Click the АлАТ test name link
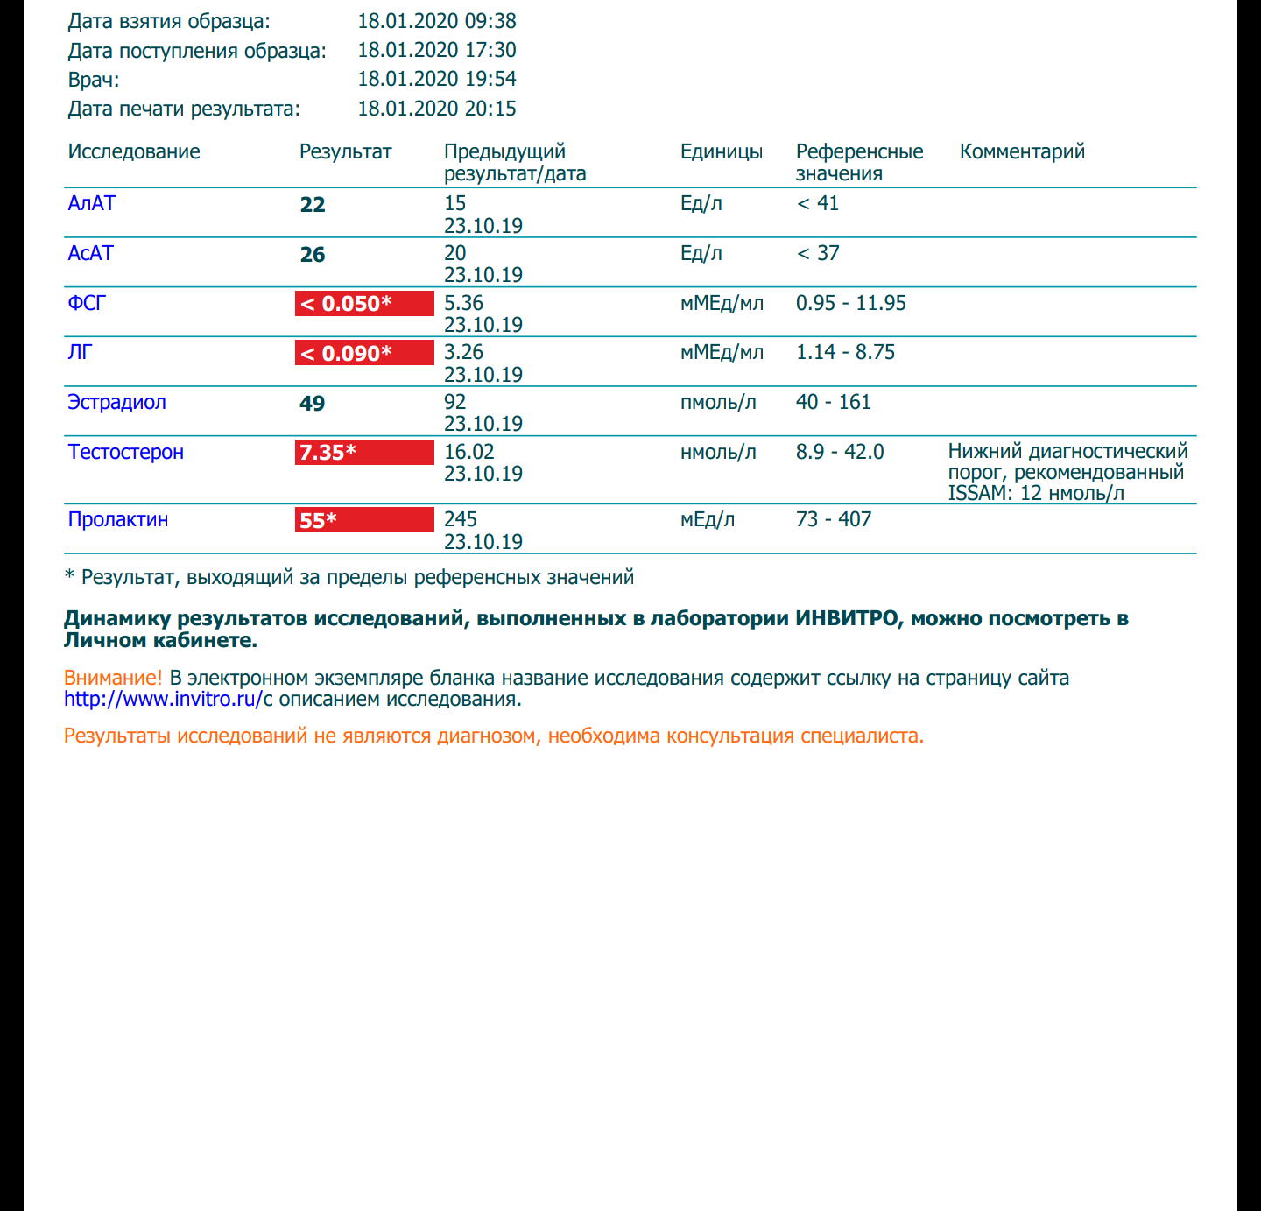point(92,203)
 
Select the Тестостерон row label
point(126,452)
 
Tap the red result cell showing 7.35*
point(364,452)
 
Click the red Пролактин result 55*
point(364,520)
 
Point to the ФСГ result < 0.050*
point(364,304)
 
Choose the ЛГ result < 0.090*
point(364,353)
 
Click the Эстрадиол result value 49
point(313,404)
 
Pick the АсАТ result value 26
point(313,255)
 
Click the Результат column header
point(345,151)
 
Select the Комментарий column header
point(1022,151)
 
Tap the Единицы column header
point(722,151)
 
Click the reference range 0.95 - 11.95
point(851,303)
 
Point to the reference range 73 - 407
point(834,519)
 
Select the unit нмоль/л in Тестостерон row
point(718,452)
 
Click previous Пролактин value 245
point(461,519)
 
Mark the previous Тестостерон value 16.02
point(469,452)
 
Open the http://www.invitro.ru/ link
point(163,699)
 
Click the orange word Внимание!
point(113,678)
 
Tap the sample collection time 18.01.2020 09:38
point(437,21)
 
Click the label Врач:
point(94,80)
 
